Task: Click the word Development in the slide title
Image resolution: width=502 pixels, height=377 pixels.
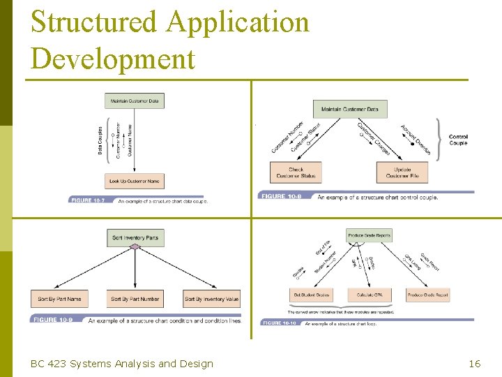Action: [x=113, y=59]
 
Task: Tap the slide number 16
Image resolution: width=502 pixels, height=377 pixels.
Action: [x=474, y=363]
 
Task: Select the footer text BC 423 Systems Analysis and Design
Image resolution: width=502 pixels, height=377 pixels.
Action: [x=122, y=363]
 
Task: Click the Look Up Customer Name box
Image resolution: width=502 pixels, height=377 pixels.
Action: [x=135, y=181]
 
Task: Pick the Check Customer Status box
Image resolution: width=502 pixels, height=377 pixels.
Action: [x=296, y=172]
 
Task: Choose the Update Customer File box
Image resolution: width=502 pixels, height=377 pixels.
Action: [x=402, y=172]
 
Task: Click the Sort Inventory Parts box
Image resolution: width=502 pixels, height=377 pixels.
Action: [x=135, y=237]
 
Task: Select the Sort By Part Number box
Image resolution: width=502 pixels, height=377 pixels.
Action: [x=135, y=299]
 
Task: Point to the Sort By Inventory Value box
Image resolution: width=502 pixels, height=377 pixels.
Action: [x=212, y=299]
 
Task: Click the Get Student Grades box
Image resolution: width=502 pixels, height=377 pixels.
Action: [x=312, y=295]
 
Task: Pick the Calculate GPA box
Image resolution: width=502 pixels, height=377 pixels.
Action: [x=369, y=295]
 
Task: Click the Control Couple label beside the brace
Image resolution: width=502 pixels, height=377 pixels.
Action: [x=458, y=140]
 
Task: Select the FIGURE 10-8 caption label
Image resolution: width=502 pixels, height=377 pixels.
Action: [x=281, y=197]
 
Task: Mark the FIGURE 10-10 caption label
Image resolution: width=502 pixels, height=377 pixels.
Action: [x=279, y=323]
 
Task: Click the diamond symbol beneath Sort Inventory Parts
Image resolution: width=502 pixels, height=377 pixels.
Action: [x=135, y=247]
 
